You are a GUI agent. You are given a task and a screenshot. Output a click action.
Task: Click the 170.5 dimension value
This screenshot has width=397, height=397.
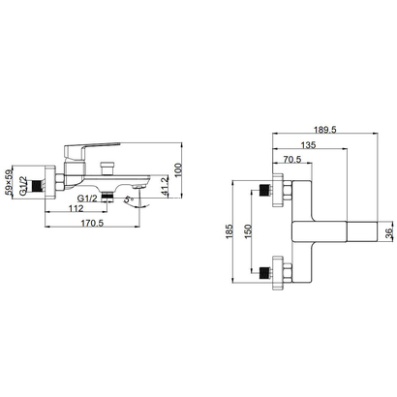tap(94, 222)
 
